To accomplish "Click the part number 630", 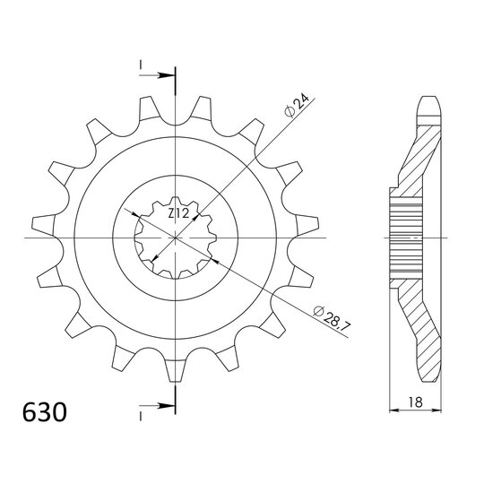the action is (x=45, y=412).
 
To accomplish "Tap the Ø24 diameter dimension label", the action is (x=297, y=106).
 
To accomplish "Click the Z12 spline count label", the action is (x=178, y=213).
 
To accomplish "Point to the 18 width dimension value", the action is (x=415, y=402).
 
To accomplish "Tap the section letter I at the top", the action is (x=141, y=65).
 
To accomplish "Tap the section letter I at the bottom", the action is (x=141, y=417).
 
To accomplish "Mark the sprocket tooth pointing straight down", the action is (x=175, y=371).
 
